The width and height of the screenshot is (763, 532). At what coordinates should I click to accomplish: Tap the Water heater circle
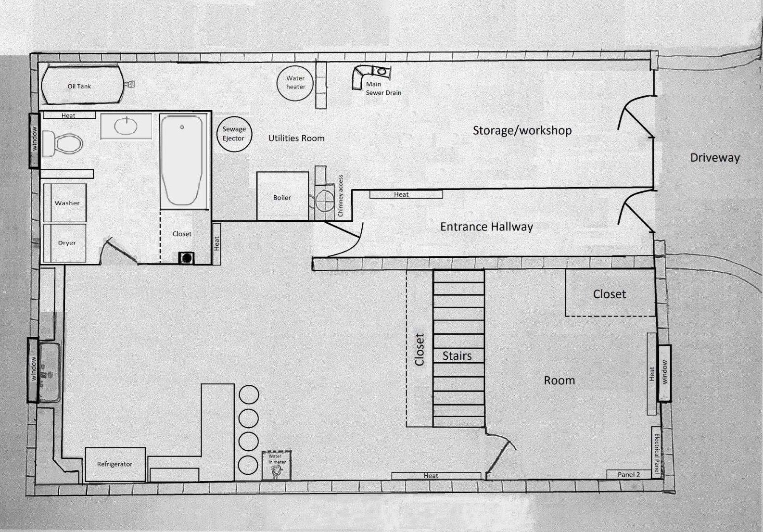pos(295,83)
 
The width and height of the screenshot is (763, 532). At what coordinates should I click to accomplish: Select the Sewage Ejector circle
pos(234,134)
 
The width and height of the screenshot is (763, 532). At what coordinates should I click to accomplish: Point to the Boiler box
pos(282,196)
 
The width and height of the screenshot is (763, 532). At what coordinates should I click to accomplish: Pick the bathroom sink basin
pos(126,126)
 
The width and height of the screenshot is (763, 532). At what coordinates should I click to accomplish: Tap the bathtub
pos(181,160)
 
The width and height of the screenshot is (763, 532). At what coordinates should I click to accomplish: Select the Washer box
pos(66,203)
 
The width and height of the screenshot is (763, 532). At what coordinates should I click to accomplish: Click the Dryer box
pos(66,242)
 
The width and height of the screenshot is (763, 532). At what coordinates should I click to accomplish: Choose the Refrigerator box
pos(115,464)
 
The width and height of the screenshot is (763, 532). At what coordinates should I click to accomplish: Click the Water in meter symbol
pos(277,465)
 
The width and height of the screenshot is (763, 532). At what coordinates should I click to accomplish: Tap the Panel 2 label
pos(629,474)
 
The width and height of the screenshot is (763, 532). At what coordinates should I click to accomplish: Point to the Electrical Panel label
pos(657,452)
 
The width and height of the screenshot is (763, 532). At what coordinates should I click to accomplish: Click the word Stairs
pos(457,356)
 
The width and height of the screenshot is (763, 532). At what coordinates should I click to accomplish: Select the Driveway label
pos(714,158)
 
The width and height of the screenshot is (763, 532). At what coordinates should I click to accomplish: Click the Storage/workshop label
pos(522,130)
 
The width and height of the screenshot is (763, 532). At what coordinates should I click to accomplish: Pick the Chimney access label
pos(341,196)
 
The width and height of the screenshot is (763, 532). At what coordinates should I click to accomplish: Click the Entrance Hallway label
pos(486,227)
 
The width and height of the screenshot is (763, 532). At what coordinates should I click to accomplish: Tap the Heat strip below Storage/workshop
pos(406,194)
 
